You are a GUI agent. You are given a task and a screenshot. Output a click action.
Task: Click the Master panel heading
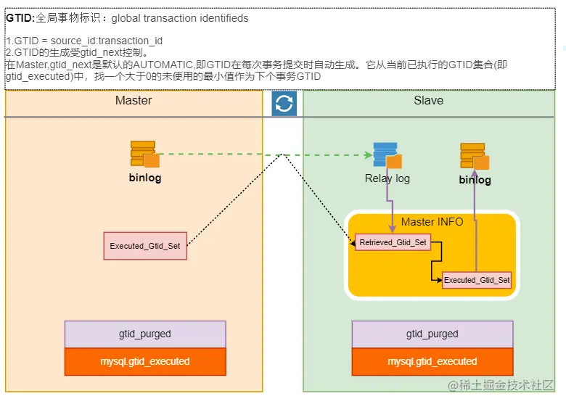click(x=134, y=100)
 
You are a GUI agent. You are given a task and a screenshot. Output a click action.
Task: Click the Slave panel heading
click(x=428, y=100)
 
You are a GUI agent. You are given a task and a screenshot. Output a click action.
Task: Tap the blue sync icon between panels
click(x=284, y=104)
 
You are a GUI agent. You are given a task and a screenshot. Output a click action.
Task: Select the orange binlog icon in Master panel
click(x=144, y=154)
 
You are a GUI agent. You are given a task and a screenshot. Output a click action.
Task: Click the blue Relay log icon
click(x=386, y=154)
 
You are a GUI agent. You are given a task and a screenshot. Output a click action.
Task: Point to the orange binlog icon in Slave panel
click(x=474, y=156)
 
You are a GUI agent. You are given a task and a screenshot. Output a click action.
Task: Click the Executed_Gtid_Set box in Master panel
click(x=145, y=246)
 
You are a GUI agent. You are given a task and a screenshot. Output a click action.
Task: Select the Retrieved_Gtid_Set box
click(x=393, y=242)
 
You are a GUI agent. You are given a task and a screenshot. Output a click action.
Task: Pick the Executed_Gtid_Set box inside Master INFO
click(x=477, y=280)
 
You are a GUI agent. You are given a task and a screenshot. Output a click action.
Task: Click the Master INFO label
click(x=432, y=222)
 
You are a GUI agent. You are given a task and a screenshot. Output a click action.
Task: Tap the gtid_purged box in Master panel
click(x=145, y=334)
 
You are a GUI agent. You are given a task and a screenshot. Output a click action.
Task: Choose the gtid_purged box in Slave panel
click(x=432, y=334)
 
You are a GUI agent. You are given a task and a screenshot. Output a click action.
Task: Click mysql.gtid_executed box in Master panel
click(x=145, y=361)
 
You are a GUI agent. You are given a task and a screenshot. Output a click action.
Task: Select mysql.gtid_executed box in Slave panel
click(x=432, y=361)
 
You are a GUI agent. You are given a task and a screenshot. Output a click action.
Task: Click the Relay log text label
click(x=387, y=178)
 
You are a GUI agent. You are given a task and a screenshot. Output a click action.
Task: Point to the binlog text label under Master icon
click(x=145, y=178)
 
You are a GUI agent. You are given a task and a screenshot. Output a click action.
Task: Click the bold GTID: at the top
click(x=20, y=17)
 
